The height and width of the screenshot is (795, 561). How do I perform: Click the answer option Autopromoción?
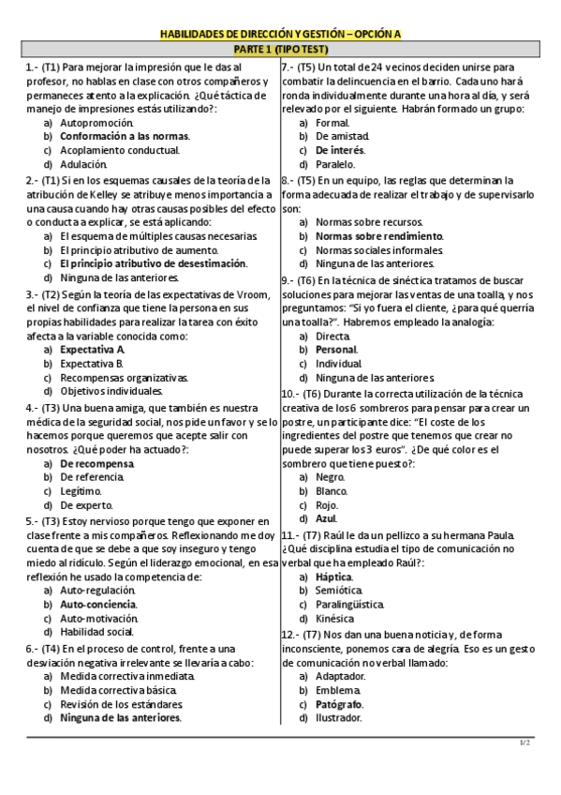click(x=96, y=123)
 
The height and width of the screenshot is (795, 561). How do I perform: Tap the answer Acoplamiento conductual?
click(x=119, y=150)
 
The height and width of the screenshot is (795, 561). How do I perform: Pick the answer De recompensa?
click(x=96, y=463)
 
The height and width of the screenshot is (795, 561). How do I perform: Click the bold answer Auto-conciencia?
click(x=97, y=605)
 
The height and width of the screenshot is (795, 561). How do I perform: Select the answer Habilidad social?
click(x=96, y=632)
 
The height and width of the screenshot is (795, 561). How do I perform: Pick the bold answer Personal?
click(x=338, y=349)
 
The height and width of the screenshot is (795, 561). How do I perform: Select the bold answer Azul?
click(x=326, y=518)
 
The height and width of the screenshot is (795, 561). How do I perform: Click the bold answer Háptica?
click(x=333, y=577)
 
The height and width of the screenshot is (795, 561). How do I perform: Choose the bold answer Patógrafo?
click(x=340, y=704)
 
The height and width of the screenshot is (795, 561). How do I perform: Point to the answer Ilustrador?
click(x=339, y=718)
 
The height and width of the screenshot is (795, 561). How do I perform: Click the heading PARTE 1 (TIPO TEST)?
click(x=280, y=49)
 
